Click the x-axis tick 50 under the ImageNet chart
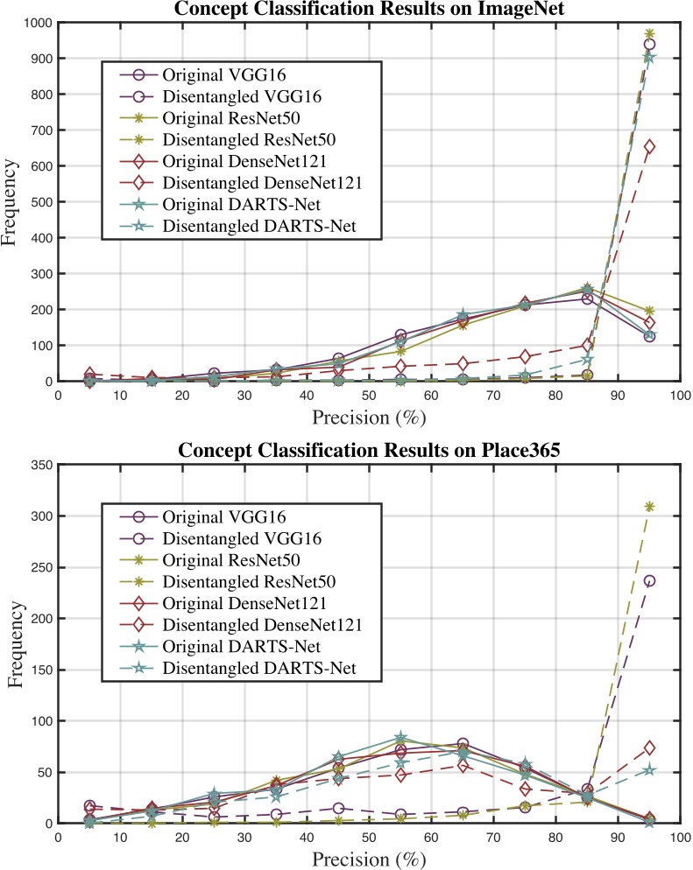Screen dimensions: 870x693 [368, 396]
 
